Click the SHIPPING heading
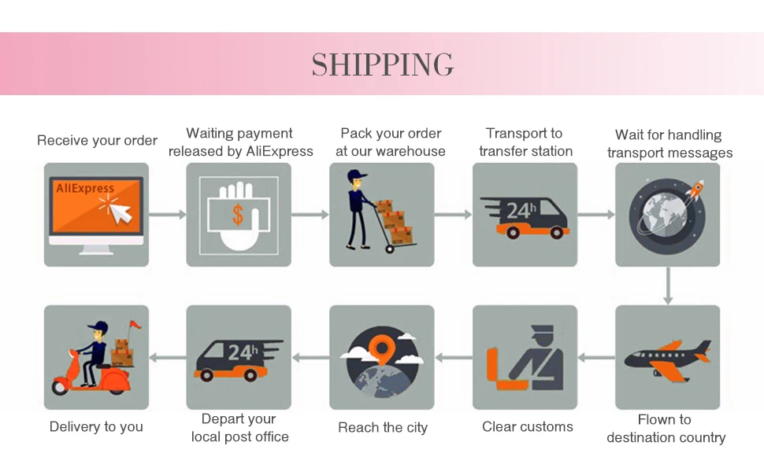(382, 64)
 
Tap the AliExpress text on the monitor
(85, 189)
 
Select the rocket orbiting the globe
(695, 190)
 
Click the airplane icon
(667, 358)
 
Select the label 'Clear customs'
(528, 427)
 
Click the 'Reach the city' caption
(383, 428)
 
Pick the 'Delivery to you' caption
(96, 427)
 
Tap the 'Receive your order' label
(97, 141)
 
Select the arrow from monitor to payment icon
(167, 214)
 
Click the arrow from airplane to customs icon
(596, 358)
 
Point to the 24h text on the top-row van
(521, 211)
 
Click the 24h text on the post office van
(241, 352)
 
